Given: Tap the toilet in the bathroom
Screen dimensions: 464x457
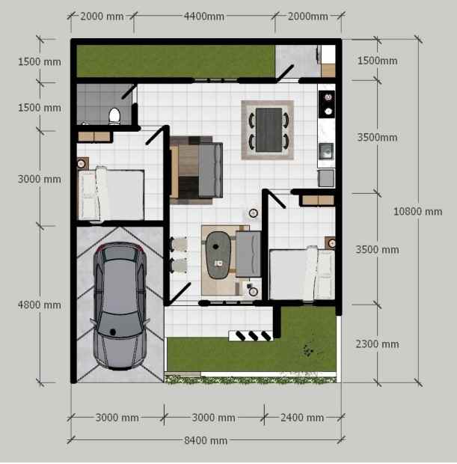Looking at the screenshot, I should (114, 116).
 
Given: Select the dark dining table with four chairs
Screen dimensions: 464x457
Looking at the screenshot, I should (268, 129).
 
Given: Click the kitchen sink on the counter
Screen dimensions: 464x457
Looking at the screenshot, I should (326, 151).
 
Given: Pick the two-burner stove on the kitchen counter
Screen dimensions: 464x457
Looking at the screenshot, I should (327, 106).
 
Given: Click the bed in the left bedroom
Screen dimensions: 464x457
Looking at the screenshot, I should (112, 194).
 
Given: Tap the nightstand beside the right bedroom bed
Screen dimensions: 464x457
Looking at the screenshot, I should (331, 242).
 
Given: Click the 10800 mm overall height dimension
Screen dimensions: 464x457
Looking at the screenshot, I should (417, 212).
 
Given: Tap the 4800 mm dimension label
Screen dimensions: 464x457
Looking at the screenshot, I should (40, 305).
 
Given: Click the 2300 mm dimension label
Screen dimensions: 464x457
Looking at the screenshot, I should (378, 344).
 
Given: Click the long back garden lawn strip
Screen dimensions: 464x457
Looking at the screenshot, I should (175, 61).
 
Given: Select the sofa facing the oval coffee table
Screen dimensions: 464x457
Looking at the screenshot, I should (247, 254).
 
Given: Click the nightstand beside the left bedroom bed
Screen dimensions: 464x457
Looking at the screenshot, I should (82, 163).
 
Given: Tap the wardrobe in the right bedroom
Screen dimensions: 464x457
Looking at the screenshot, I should (317, 200).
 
